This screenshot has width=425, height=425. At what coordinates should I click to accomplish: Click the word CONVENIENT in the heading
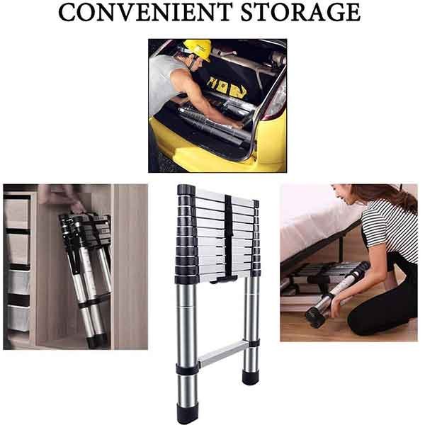coord(145,12)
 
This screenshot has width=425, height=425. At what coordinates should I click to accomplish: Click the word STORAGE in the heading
coord(300,12)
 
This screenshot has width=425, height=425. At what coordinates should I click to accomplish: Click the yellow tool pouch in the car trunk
coord(227,87)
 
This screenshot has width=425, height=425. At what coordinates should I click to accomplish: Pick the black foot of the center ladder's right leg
coord(251,378)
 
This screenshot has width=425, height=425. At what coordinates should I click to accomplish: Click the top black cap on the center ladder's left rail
coord(186,190)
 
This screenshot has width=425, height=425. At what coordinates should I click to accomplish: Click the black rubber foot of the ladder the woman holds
coord(316,317)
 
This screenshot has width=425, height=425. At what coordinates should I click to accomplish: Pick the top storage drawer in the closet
coord(17,212)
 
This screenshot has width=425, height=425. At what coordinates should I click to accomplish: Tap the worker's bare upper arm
coord(187,84)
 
